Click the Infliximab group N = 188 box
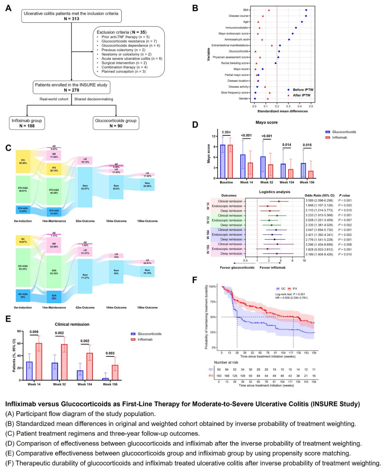27,123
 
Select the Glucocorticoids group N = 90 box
116,123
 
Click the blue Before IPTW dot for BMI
306,10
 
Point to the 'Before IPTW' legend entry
303,90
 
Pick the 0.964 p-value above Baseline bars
226,132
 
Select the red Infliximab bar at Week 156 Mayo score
310,175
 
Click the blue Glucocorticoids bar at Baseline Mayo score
223,162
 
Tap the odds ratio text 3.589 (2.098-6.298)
319,201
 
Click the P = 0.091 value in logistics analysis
345,249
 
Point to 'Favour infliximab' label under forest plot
272,268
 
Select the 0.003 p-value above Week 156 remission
110,353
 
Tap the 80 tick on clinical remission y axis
19,331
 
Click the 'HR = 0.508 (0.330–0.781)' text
291,298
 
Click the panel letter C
8,148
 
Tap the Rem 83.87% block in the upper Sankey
85,187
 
